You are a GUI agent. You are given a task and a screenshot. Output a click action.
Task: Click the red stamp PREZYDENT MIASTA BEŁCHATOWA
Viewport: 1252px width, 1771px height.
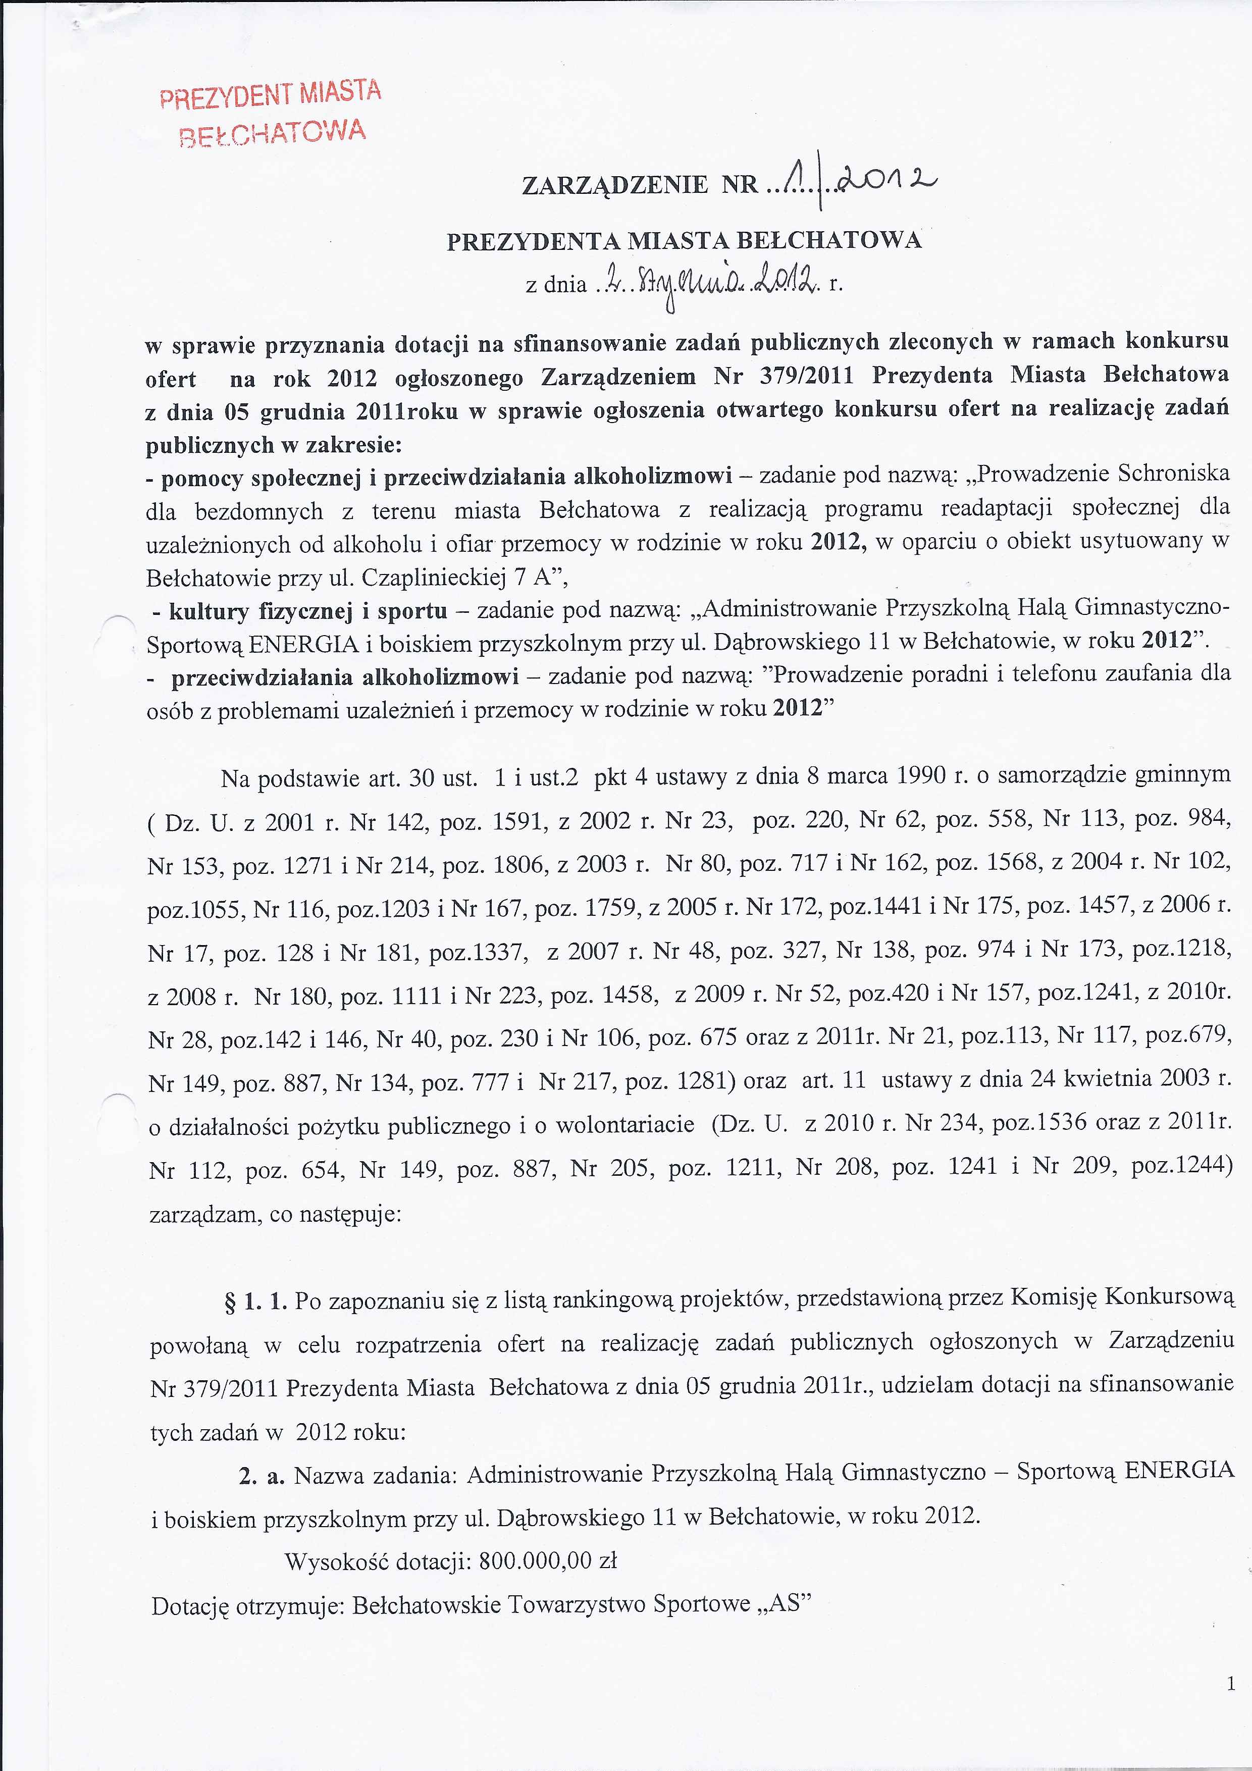(270, 113)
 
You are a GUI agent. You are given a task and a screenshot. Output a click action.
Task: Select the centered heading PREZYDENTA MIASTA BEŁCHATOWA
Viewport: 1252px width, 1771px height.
(684, 241)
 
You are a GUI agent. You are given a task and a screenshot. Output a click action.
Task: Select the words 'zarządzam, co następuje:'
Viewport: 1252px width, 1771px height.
(275, 1214)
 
